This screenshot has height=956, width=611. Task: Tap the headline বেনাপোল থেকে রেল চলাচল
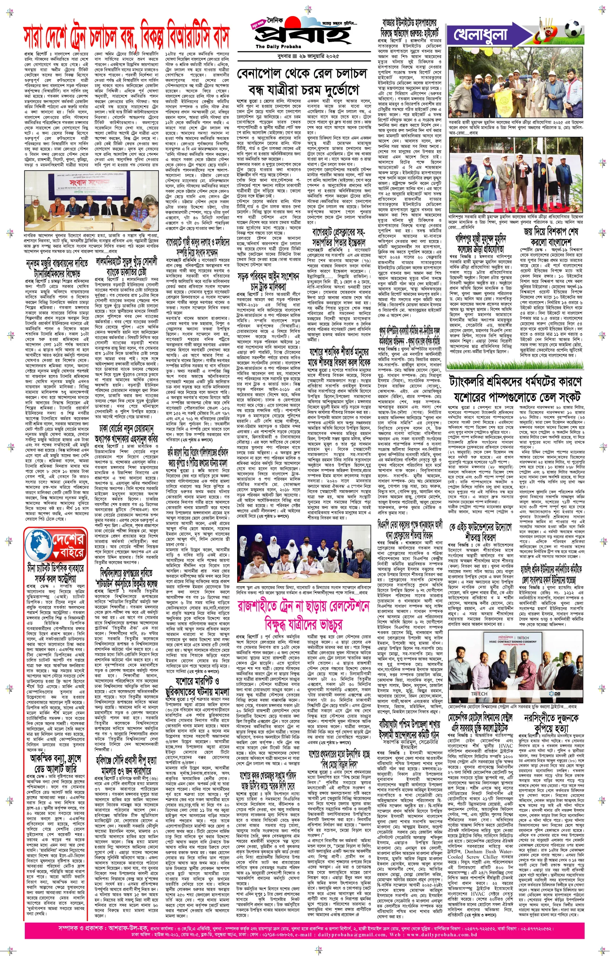click(x=302, y=73)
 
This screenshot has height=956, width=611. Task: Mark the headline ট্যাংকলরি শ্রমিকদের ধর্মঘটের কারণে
click(x=516, y=382)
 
